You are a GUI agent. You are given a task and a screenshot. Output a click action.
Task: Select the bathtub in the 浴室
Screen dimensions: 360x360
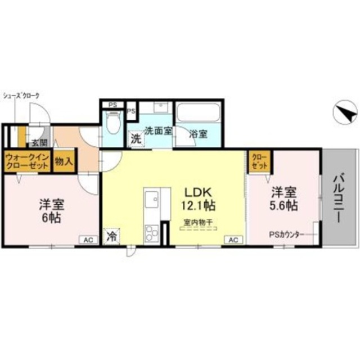point(197,115)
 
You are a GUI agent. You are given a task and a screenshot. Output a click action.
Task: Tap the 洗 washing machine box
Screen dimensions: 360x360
point(136,139)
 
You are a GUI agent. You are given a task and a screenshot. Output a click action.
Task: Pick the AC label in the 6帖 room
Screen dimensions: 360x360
point(88,240)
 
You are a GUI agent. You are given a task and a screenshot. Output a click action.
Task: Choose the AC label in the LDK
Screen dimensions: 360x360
point(233,240)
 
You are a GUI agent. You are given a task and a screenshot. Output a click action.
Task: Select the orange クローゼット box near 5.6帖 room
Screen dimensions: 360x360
point(259,161)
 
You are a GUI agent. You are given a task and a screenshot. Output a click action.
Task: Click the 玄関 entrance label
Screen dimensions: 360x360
point(38,143)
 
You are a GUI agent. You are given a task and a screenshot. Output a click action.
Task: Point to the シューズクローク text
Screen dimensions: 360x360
point(21,96)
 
